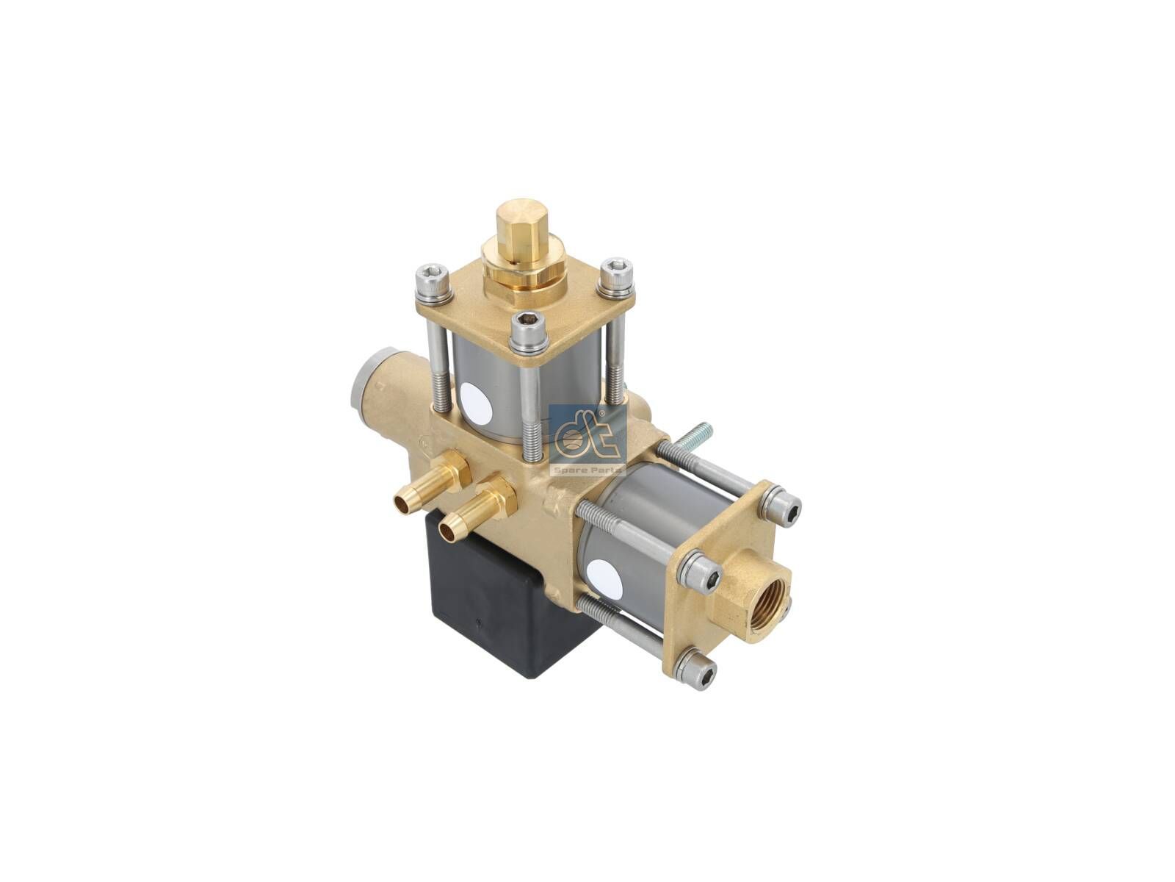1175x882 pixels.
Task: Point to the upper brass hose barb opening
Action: [403, 501]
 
